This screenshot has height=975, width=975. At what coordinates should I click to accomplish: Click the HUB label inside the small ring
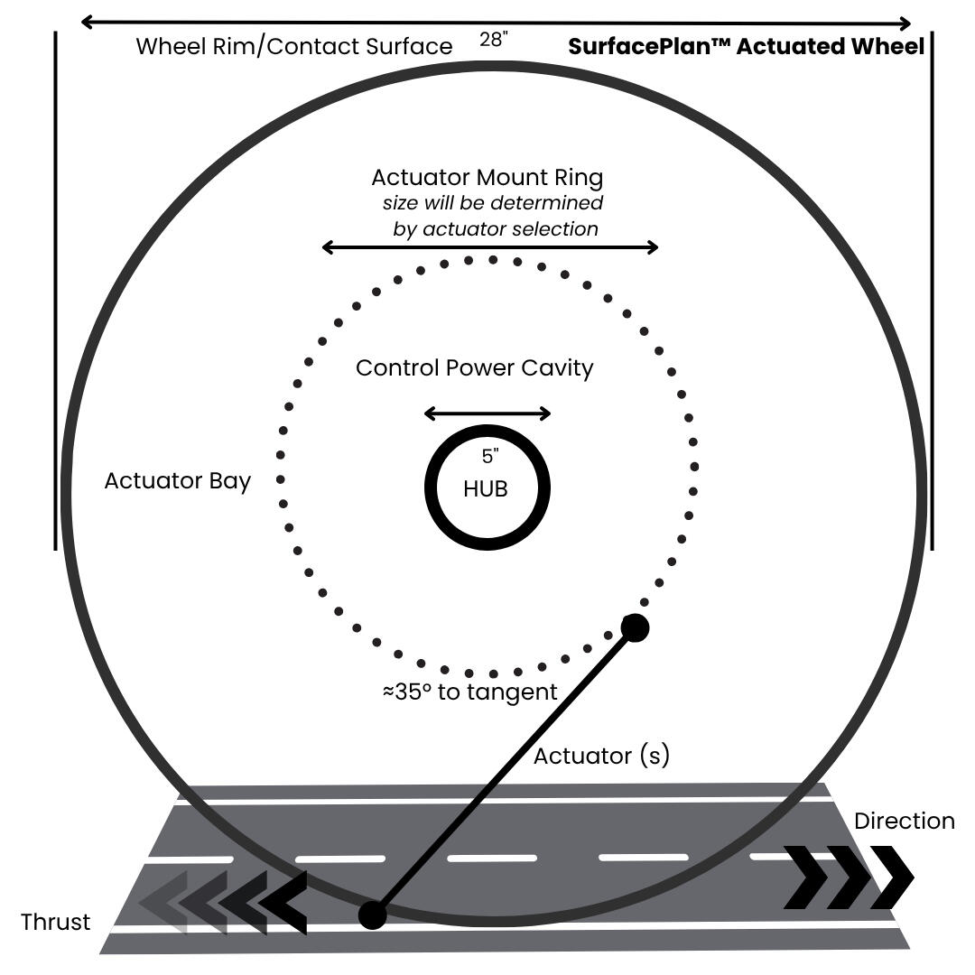pyautogui.click(x=486, y=489)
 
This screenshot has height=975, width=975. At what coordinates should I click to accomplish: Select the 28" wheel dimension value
pyautogui.click(x=494, y=39)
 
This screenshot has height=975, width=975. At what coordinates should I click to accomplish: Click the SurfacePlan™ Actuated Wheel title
pyautogui.click(x=746, y=47)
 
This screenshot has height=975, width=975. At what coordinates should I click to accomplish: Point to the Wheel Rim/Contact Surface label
pyautogui.click(x=294, y=47)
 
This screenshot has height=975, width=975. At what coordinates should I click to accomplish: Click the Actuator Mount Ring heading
pyautogui.click(x=487, y=177)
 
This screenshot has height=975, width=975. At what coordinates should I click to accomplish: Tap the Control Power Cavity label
pyautogui.click(x=474, y=368)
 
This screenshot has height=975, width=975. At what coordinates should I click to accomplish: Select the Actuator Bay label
pyautogui.click(x=177, y=480)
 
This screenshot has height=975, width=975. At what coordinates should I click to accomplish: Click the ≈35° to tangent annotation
pyautogui.click(x=469, y=692)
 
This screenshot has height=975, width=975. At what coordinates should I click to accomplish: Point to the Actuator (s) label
pyautogui.click(x=601, y=756)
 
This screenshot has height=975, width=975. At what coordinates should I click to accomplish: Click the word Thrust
pyautogui.click(x=56, y=922)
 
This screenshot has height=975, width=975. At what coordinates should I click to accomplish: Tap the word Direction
pyautogui.click(x=904, y=821)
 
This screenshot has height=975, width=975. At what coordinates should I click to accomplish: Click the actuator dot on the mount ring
pyautogui.click(x=635, y=627)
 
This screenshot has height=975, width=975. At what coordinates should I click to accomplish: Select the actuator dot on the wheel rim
pyautogui.click(x=372, y=915)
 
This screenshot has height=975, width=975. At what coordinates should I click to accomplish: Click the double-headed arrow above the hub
pyautogui.click(x=487, y=413)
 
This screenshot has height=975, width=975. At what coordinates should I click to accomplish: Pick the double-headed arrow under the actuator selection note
pyautogui.click(x=490, y=247)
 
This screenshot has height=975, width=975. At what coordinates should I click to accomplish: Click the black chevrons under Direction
pyautogui.click(x=849, y=877)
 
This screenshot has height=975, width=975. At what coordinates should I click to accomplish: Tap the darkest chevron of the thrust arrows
pyautogui.click(x=284, y=902)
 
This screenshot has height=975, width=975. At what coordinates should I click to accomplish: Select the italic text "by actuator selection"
pyautogui.click(x=496, y=228)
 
